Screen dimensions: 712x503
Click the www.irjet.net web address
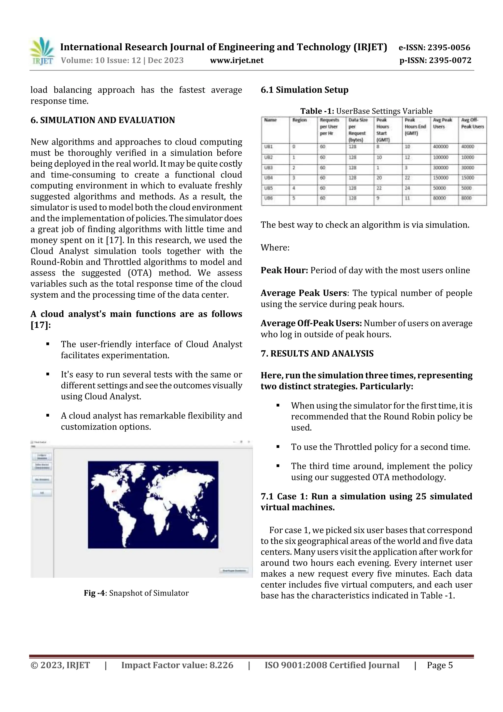coord(237,60)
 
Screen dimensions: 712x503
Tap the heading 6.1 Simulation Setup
coord(304,90)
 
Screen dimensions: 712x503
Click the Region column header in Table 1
coord(299,120)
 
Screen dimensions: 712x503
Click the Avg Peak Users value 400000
coord(440,147)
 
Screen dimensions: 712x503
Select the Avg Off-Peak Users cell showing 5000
coord(466,188)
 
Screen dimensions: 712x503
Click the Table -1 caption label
coord(317,111)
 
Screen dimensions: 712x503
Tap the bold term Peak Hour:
coord(284,270)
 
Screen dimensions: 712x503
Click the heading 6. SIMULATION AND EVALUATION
coord(103,120)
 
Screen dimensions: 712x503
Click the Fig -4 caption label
coord(95,593)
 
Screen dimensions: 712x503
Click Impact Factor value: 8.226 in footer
coord(177,665)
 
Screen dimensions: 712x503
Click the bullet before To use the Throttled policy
coord(278,447)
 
